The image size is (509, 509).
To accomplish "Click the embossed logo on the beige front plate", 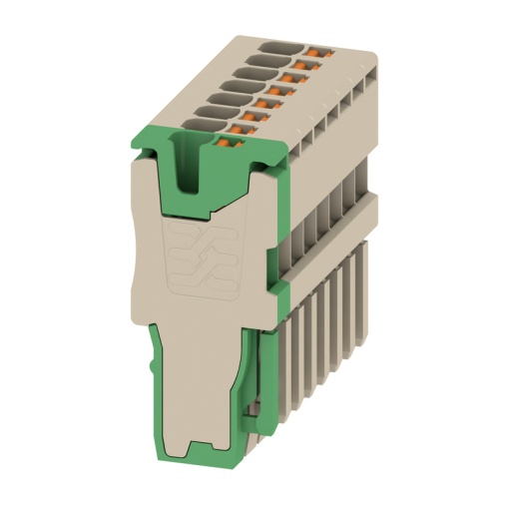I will (206, 258).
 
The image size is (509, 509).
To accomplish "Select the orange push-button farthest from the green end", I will (317, 50).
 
